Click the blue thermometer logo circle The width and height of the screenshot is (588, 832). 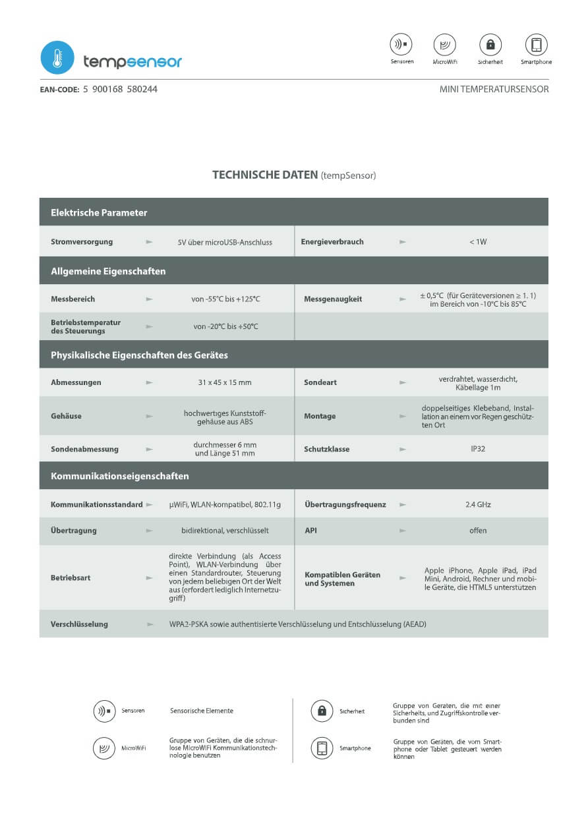[57, 57]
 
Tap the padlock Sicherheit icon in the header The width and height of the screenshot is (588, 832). [490, 45]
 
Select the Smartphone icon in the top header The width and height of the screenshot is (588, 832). [536, 45]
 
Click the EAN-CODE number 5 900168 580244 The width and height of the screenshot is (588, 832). [120, 89]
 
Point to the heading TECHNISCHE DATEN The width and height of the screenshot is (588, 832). [265, 175]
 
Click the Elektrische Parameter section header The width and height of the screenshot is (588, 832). [99, 213]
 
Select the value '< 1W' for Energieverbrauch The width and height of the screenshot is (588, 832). [478, 242]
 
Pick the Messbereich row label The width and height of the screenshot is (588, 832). [73, 299]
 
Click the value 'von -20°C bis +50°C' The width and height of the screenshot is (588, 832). [226, 326]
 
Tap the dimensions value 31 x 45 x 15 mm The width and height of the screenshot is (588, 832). [225, 382]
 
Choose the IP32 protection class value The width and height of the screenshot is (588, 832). [478, 449]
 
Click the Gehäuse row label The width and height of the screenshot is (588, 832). [66, 416]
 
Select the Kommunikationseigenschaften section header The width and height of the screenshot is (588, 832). [120, 476]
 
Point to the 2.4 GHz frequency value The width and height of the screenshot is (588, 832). [478, 505]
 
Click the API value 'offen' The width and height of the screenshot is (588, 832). [478, 531]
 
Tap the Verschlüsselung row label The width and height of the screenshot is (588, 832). [79, 624]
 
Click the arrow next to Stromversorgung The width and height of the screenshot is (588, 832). [150, 242]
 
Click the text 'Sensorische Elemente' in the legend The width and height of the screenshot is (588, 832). [202, 711]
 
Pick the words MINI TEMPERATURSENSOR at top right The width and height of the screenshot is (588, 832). [494, 89]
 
